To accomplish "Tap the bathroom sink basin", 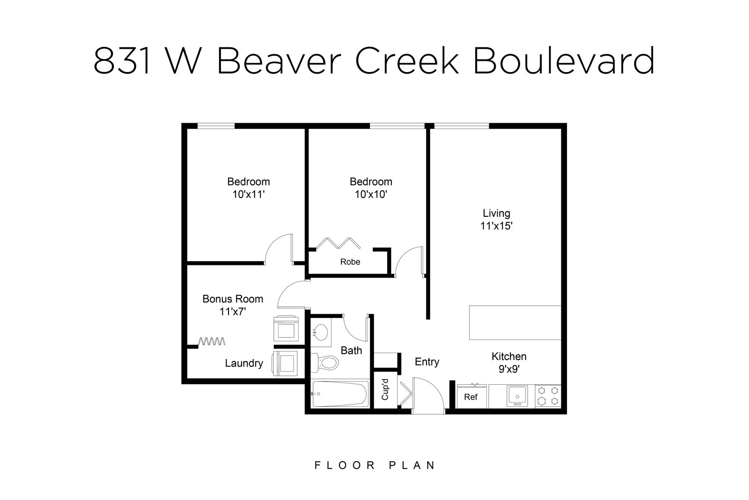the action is point(322,332).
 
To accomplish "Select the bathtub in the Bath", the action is point(340,394).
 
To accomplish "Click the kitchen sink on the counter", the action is point(517,397).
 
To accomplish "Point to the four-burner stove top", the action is point(548,397).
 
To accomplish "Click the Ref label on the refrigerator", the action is point(471,397).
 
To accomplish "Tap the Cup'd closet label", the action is point(385,390).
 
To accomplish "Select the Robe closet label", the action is point(350,262).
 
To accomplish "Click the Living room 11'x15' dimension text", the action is point(497,226).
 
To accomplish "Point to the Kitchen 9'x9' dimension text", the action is point(509,369).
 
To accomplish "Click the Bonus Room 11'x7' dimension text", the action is point(233,312).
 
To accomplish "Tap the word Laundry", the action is point(244,363).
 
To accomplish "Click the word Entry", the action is point(427,362).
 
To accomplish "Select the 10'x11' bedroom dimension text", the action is point(249,194).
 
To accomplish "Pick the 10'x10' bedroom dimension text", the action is point(371,194).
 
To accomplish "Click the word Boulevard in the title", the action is point(564,60).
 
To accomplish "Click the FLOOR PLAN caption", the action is point(374,465).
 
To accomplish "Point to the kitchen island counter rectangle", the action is point(515,323).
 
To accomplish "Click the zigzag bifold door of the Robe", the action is point(338,243).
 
